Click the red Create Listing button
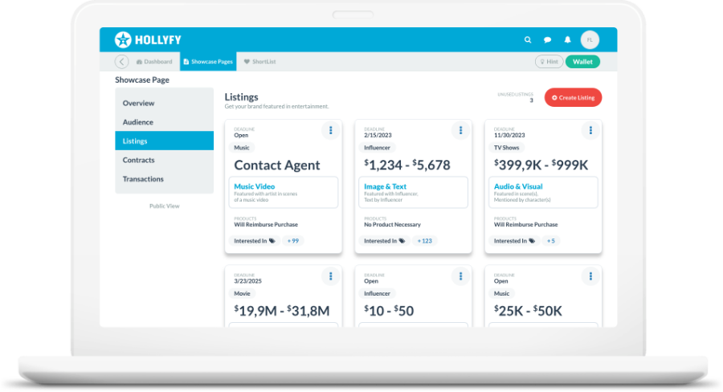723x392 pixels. click(x=573, y=98)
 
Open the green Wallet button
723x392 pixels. click(x=582, y=62)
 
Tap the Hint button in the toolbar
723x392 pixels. click(x=549, y=62)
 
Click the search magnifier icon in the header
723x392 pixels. click(x=528, y=39)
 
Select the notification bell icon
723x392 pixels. click(x=568, y=39)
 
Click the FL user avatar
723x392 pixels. click(x=590, y=39)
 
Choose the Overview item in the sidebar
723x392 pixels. click(x=138, y=103)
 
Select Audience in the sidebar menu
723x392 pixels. click(x=137, y=122)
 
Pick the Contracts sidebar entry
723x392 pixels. click(x=138, y=160)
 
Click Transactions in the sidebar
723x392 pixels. click(x=143, y=179)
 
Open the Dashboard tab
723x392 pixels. click(x=154, y=62)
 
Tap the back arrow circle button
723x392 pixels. click(x=121, y=62)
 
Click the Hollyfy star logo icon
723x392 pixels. click(x=123, y=39)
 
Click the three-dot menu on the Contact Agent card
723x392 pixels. click(x=330, y=130)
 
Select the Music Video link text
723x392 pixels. click(x=255, y=186)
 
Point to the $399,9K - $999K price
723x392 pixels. click(x=541, y=165)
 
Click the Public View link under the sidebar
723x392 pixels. click(x=164, y=206)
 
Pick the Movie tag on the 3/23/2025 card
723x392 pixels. click(x=242, y=294)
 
